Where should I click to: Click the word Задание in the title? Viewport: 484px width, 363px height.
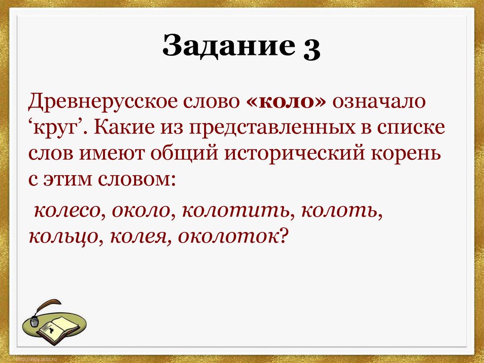(228, 48)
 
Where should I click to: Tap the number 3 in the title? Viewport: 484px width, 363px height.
(309, 49)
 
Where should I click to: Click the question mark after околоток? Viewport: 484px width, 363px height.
(283, 235)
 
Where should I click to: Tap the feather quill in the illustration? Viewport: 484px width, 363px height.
(44, 306)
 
